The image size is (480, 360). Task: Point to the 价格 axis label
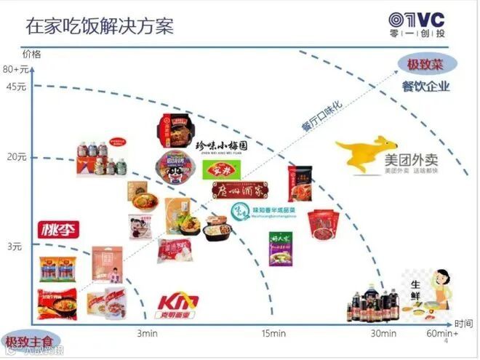click(x=32, y=54)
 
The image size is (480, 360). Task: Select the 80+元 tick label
click(x=15, y=70)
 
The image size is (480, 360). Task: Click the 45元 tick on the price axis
click(x=16, y=88)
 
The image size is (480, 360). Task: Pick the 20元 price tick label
click(x=17, y=156)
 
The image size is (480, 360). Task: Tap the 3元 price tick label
click(x=15, y=247)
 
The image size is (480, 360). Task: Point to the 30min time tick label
click(x=384, y=334)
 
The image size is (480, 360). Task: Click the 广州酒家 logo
click(x=245, y=190)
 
